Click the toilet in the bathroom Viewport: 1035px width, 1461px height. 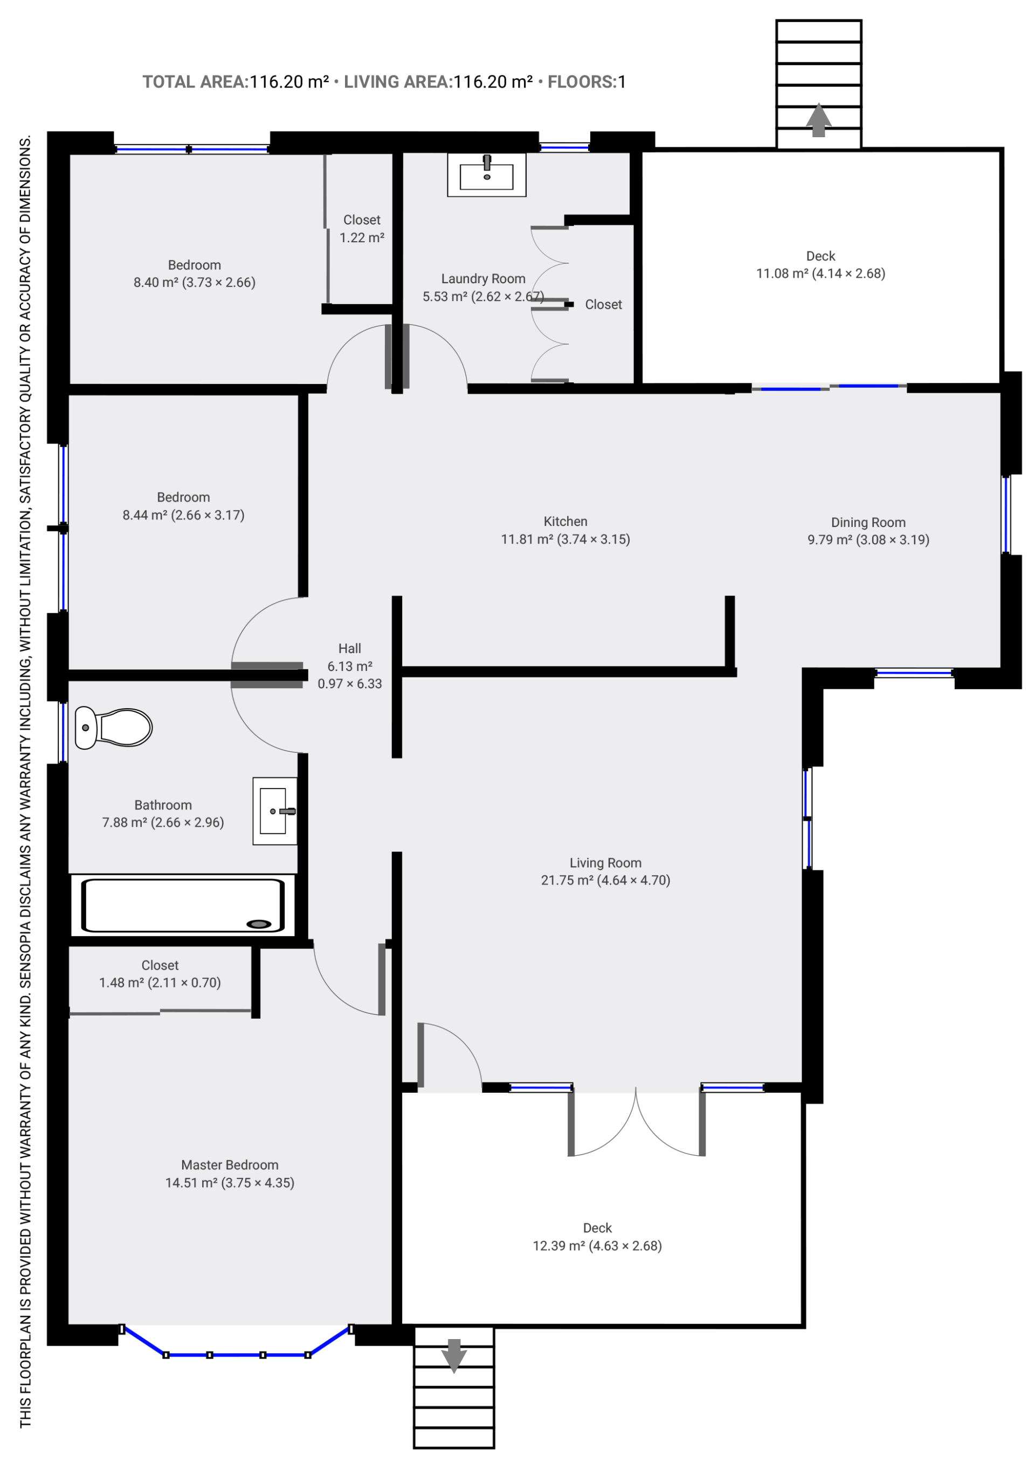[113, 728]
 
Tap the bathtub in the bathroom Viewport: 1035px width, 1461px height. [183, 905]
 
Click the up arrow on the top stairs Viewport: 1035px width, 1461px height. [818, 120]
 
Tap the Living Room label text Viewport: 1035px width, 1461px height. [605, 863]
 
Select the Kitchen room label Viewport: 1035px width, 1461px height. [565, 522]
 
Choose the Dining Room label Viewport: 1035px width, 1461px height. [868, 523]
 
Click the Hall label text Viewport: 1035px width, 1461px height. [349, 648]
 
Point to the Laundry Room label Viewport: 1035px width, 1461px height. [483, 279]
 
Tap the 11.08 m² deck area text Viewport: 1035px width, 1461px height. [820, 273]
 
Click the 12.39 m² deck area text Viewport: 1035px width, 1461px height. [597, 1246]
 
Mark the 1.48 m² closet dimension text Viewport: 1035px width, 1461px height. [160, 982]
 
